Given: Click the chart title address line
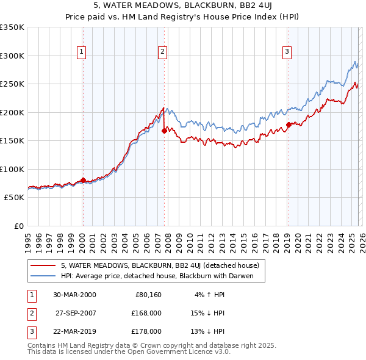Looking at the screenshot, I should pyautogui.click(x=182, y=7).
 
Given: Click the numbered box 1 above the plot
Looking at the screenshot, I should pyautogui.click(x=82, y=52).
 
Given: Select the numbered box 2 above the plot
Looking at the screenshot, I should pyautogui.click(x=163, y=52).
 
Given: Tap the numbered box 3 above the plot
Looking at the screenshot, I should pyautogui.click(x=287, y=52).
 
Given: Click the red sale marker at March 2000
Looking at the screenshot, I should pyautogui.click(x=83, y=181).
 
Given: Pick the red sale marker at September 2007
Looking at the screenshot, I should pyautogui.click(x=165, y=131).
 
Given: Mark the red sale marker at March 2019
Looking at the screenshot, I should pyautogui.click(x=289, y=125).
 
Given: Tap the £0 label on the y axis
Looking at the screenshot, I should pyautogui.click(x=17, y=226).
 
